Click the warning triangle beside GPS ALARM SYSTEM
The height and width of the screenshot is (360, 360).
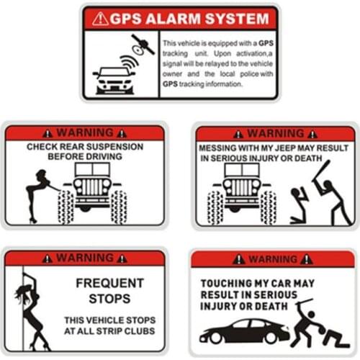click(100, 19)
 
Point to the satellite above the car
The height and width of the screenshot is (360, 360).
click(143, 45)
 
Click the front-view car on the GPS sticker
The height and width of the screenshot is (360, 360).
click(114, 81)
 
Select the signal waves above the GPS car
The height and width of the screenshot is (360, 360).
click(129, 63)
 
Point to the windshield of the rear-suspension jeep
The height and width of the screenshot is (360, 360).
click(92, 169)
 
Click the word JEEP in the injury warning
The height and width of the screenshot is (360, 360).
click(284, 148)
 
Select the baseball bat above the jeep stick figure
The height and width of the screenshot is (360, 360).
click(322, 171)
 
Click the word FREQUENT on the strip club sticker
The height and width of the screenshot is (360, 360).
click(110, 283)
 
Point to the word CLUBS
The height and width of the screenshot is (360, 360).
click(140, 331)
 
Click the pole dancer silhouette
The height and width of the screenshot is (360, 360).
click(30, 312)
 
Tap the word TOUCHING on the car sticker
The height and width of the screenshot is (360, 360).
click(227, 284)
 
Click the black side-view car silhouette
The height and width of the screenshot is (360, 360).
click(244, 330)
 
